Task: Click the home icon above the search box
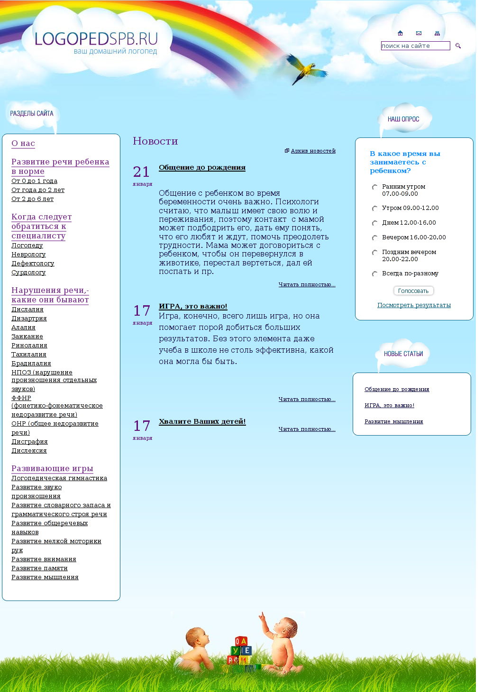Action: (x=400, y=33)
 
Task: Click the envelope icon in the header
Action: (x=419, y=33)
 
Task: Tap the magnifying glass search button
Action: (x=458, y=46)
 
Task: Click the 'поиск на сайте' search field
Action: (x=415, y=46)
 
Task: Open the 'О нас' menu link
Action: (x=23, y=143)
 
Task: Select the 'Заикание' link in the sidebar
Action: (x=27, y=337)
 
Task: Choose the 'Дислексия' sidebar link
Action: (x=29, y=451)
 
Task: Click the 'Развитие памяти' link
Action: (x=39, y=568)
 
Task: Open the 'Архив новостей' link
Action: (x=313, y=151)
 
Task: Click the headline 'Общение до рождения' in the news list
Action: (x=202, y=167)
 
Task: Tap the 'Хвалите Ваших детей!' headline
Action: (x=202, y=421)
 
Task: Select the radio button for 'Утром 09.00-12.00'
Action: (x=374, y=209)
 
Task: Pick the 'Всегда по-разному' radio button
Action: (x=374, y=274)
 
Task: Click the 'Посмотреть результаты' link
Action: (x=414, y=305)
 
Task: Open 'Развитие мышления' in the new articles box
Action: (x=393, y=421)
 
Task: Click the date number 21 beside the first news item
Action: (x=141, y=172)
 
